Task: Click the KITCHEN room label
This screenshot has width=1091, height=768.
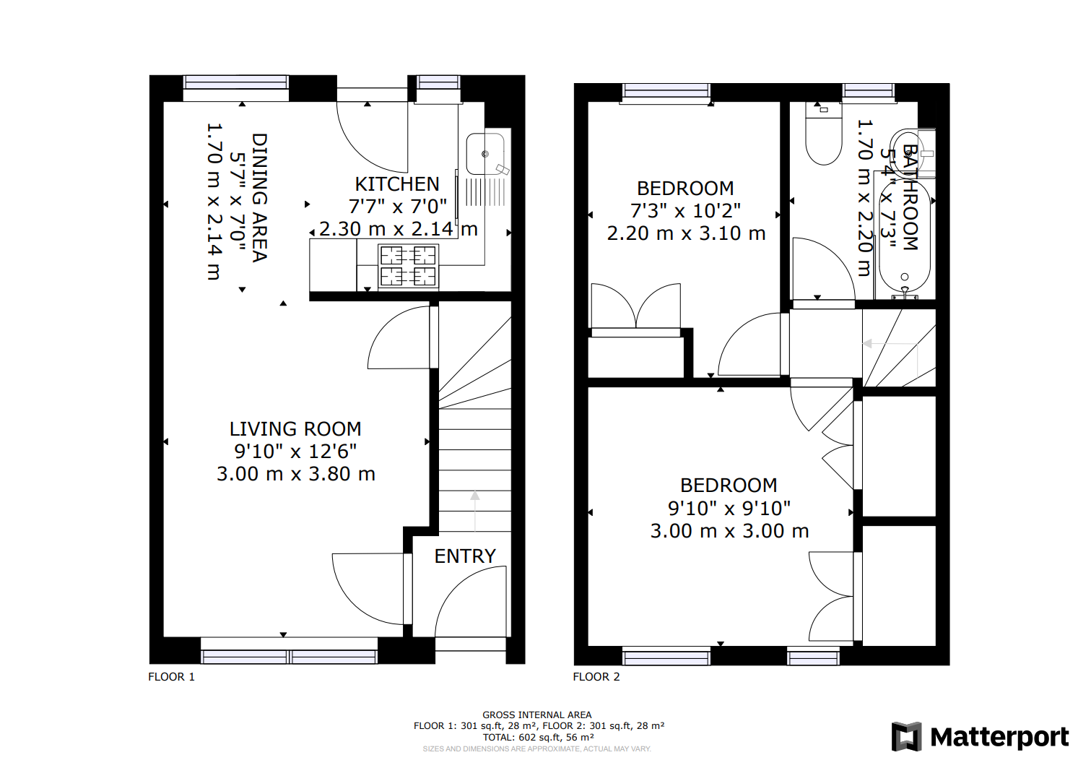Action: [x=396, y=184]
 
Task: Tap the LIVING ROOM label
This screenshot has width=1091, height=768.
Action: [x=295, y=429]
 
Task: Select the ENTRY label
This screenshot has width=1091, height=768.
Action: [x=465, y=556]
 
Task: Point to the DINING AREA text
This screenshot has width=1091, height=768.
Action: [x=259, y=197]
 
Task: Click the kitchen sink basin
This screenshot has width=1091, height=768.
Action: [x=485, y=154]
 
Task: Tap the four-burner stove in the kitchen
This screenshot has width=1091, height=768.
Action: [x=408, y=266]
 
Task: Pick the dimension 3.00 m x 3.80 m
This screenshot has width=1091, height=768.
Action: [x=296, y=475]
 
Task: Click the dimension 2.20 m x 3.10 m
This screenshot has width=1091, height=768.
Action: [x=686, y=234]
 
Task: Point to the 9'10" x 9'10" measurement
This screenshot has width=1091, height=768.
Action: [x=729, y=509]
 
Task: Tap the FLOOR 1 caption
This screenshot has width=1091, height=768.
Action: [x=172, y=677]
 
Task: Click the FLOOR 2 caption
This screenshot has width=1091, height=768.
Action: [x=596, y=677]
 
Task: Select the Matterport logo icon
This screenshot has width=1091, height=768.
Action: [x=907, y=737]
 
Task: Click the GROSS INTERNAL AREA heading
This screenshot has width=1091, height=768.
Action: [x=537, y=715]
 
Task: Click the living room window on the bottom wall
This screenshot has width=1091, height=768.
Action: [x=289, y=656]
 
